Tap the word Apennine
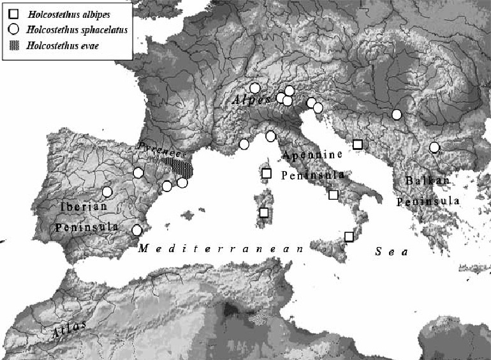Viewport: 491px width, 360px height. pos(312,155)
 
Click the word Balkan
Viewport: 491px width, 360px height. pos(427,181)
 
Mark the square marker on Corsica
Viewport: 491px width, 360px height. pos(267,173)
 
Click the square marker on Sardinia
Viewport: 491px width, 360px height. pos(264,213)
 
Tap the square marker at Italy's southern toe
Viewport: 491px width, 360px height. pos(349,237)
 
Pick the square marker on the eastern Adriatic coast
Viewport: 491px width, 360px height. pos(358,144)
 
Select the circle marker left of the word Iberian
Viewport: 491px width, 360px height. pos(107,191)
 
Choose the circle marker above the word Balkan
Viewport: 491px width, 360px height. pos(434,147)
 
